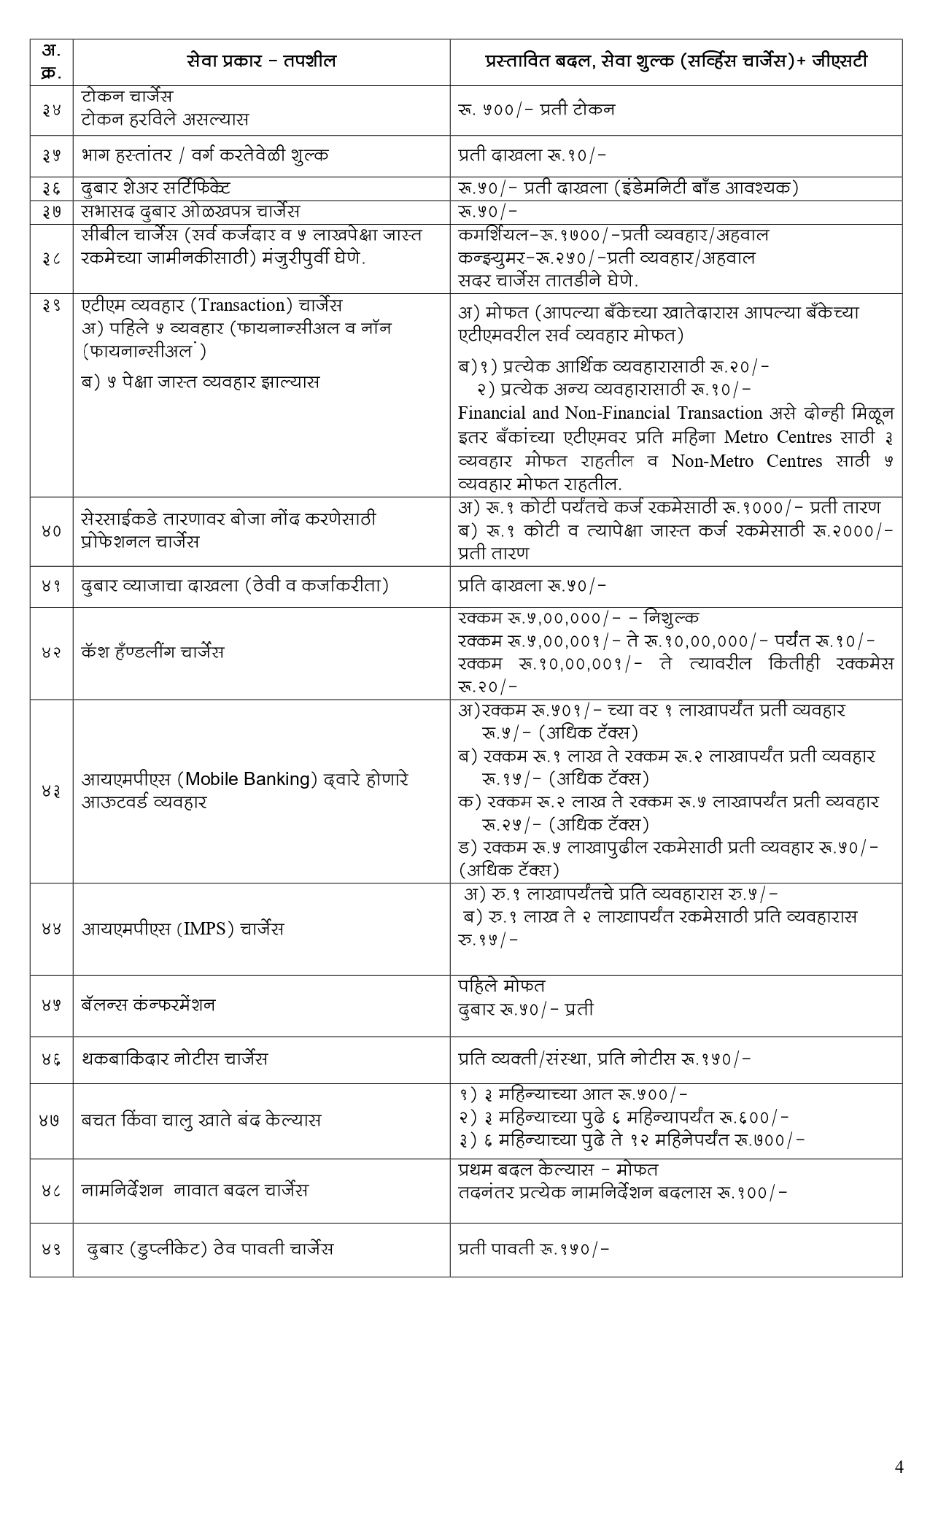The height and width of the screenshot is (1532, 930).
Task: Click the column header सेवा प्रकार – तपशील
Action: point(260,61)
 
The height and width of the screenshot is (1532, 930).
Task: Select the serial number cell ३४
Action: point(51,109)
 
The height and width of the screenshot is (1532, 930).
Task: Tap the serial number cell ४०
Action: point(51,530)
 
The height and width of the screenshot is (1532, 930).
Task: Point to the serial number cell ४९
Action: point(51,1248)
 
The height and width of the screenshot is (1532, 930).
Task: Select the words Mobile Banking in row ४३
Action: point(247,778)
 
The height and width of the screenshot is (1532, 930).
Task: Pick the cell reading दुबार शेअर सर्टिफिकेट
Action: point(156,187)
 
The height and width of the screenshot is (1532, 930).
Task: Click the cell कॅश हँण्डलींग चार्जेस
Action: point(152,651)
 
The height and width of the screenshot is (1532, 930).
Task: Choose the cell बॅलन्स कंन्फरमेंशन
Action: point(148,1005)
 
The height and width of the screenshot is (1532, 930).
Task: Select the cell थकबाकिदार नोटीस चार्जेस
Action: point(174,1058)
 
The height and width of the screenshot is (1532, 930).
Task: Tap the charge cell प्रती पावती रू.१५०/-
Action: point(534,1248)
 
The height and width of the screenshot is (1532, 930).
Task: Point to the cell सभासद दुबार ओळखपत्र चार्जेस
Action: point(190,211)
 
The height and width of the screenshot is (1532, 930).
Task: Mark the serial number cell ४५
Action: point(51,1005)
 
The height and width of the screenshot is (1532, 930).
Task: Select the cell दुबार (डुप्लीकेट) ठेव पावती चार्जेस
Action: point(210,1248)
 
